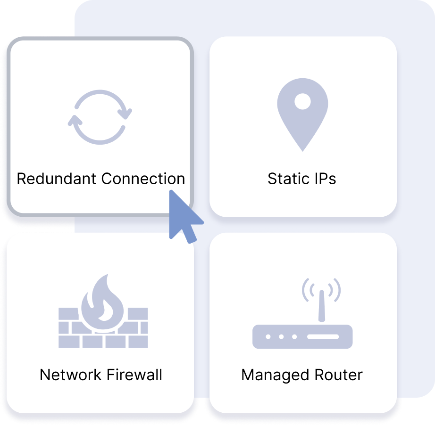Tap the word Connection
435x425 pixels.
[x=143, y=179]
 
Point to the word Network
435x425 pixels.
[x=70, y=375]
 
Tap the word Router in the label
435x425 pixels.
[x=338, y=375]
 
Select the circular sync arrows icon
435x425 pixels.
[x=100, y=117]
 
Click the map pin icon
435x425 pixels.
[x=302, y=118]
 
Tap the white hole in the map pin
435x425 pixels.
[x=302, y=101]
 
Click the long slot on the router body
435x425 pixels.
[x=323, y=337]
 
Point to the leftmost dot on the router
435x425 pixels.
[x=268, y=337]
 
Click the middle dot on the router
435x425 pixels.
[x=281, y=337]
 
